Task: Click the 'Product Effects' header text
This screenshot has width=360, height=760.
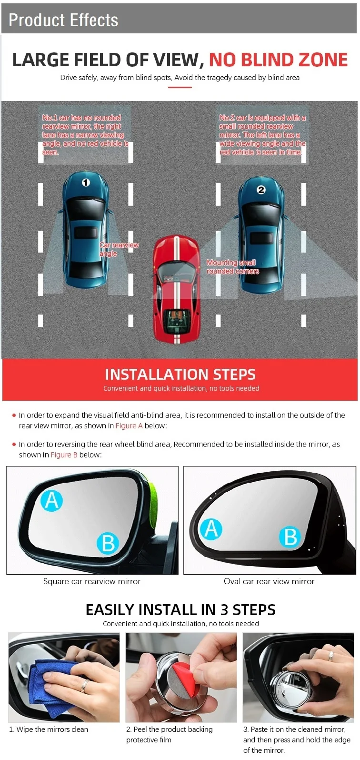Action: click(x=63, y=20)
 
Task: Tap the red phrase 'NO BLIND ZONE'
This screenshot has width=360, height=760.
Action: click(x=278, y=60)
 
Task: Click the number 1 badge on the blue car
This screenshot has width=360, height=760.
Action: click(x=86, y=182)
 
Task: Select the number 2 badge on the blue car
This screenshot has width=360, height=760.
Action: click(x=261, y=190)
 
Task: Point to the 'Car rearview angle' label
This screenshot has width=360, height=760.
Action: click(x=119, y=249)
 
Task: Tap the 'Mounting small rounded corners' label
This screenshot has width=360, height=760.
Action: click(x=232, y=267)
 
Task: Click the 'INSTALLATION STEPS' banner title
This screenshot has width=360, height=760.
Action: click(x=180, y=375)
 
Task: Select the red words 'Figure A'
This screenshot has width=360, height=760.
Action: click(x=129, y=426)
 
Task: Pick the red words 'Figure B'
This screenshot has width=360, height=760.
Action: click(x=64, y=455)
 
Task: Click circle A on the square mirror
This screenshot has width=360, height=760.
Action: click(x=51, y=501)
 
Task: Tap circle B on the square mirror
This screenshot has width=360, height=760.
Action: click(x=108, y=544)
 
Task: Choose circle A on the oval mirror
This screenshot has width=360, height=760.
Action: click(x=211, y=529)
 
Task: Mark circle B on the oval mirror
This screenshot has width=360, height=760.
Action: click(x=290, y=537)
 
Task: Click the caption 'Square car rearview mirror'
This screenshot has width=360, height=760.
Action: click(x=91, y=582)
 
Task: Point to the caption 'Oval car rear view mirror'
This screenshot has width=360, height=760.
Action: click(x=269, y=582)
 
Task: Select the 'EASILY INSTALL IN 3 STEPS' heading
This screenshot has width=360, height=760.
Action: click(x=180, y=610)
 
